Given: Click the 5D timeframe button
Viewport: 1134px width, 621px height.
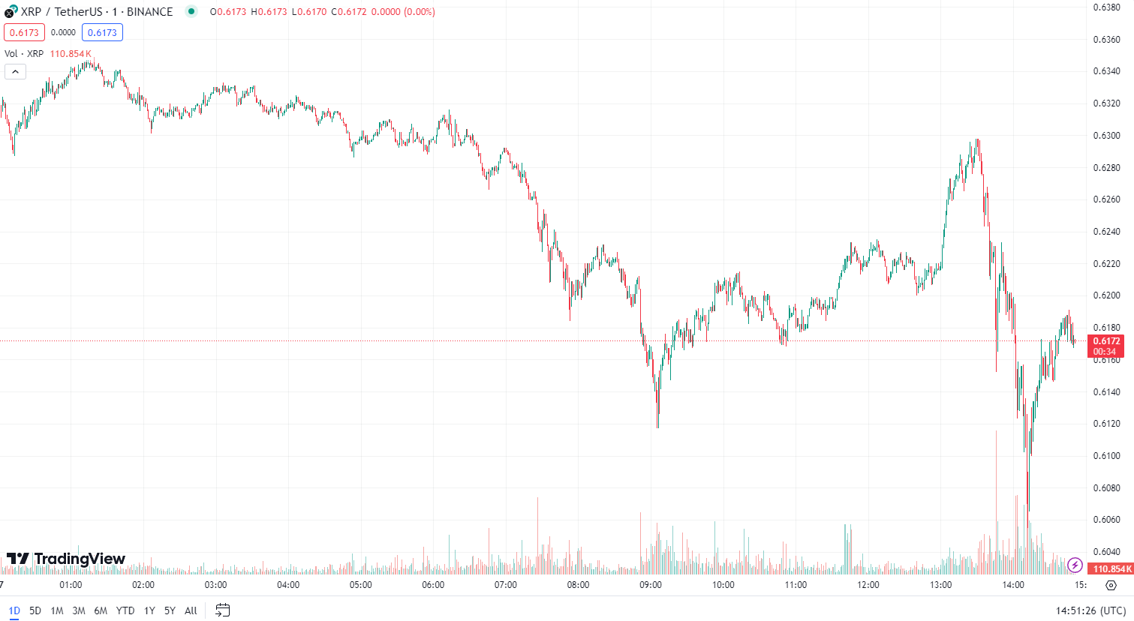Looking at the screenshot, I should click(35, 610).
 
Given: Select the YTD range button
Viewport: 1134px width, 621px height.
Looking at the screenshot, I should click(125, 610).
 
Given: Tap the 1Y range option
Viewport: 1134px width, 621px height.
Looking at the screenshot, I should click(149, 610).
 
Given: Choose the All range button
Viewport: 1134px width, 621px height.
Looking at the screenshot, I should click(191, 610).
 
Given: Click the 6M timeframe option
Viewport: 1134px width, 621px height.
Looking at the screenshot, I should click(101, 610).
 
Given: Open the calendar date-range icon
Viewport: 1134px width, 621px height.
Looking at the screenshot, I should click(222, 610).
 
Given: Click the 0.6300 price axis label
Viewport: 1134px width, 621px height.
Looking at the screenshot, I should click(1106, 136).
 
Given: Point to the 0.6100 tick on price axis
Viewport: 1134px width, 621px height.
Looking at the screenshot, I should click(1106, 456).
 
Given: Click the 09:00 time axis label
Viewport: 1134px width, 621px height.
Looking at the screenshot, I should click(651, 585).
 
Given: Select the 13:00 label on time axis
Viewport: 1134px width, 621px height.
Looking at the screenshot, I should click(940, 585).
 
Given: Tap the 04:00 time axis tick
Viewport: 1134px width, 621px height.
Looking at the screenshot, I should click(288, 585).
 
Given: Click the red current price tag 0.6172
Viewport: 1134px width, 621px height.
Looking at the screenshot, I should click(1105, 341).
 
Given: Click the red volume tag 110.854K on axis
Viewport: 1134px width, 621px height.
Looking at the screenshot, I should click(1111, 569).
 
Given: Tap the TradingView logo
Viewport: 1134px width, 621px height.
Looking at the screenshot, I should click(66, 559).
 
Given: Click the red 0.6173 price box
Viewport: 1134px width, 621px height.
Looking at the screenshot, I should click(24, 32).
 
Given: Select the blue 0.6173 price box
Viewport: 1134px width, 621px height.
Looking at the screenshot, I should click(102, 32).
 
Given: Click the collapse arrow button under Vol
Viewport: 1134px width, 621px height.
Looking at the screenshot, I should click(15, 72).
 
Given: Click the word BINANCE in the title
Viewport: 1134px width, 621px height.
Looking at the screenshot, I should click(149, 12).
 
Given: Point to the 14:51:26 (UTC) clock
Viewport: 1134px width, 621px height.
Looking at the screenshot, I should click(1090, 610).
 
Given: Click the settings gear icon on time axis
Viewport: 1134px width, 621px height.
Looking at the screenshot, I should click(1111, 585).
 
